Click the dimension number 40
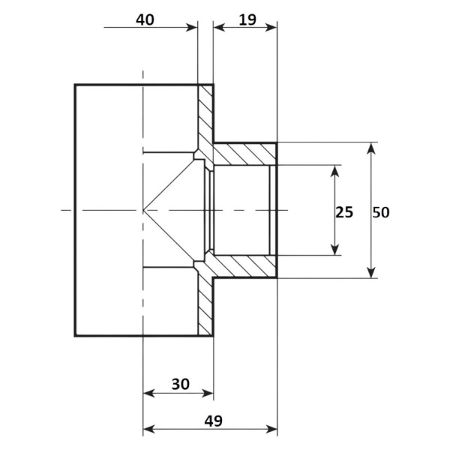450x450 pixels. click(x=145, y=20)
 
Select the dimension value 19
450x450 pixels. click(x=247, y=20)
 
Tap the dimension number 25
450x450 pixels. click(x=344, y=212)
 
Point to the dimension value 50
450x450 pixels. click(x=381, y=212)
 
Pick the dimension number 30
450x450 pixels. click(x=181, y=384)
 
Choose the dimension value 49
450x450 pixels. click(x=214, y=421)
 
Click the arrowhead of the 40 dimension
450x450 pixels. click(x=192, y=28)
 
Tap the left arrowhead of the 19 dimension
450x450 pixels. click(x=219, y=28)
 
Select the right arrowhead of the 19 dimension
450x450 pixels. click(x=271, y=28)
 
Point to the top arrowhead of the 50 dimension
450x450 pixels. click(x=371, y=148)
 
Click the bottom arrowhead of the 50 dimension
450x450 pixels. click(x=371, y=272)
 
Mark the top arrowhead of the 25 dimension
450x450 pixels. click(x=334, y=171)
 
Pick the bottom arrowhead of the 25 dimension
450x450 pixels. click(x=334, y=249)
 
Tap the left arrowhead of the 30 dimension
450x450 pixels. click(x=149, y=393)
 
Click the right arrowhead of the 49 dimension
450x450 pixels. click(x=271, y=430)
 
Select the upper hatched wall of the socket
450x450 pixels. click(x=244, y=154)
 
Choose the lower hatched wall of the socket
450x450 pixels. click(x=244, y=266)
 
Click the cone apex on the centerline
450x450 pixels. click(x=143, y=210)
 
